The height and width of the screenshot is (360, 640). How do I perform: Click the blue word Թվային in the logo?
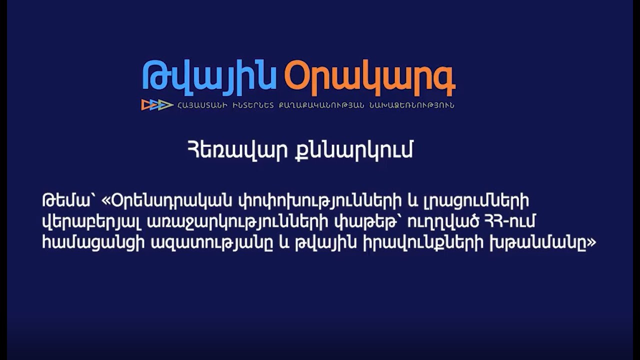[x=209, y=77]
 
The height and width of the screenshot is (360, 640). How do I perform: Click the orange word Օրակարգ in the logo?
[x=369, y=77]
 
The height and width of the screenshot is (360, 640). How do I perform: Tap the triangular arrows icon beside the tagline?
[x=157, y=105]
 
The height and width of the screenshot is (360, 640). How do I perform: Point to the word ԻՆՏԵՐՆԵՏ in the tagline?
[x=253, y=105]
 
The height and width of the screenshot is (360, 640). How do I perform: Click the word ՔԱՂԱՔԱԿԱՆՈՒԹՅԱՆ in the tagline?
[x=321, y=105]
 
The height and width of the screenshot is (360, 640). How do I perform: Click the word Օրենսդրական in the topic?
[x=170, y=201]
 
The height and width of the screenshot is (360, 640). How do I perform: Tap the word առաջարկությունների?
[x=237, y=223]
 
